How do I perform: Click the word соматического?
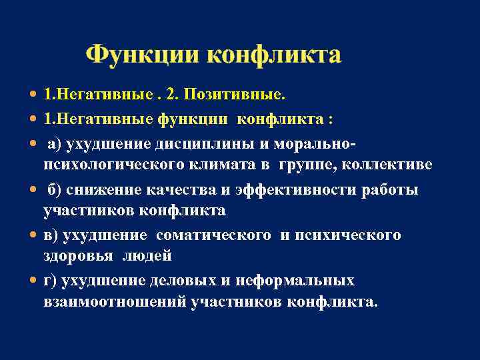pos(214,235)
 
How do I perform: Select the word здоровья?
pos(73,255)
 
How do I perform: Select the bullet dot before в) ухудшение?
pos(34,235)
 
